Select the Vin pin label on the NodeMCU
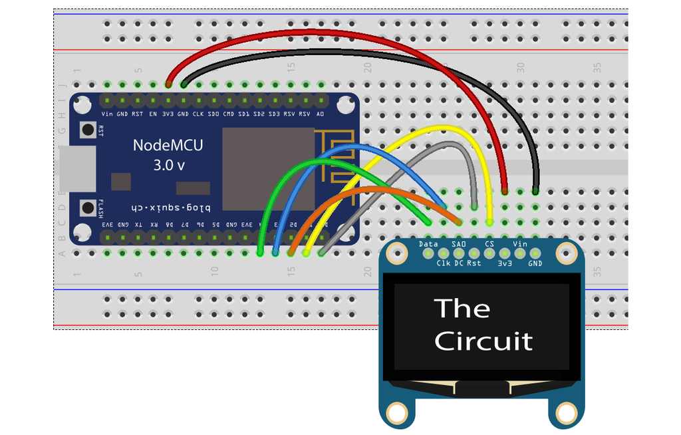[107, 114]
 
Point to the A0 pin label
[320, 114]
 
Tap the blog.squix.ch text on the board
[168, 207]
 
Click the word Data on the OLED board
[429, 244]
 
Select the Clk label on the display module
[444, 263]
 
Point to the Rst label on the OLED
[474, 263]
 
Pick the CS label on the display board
[489, 244]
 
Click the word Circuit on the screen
[483, 341]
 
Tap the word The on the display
[462, 309]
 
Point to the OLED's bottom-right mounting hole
[565, 414]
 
